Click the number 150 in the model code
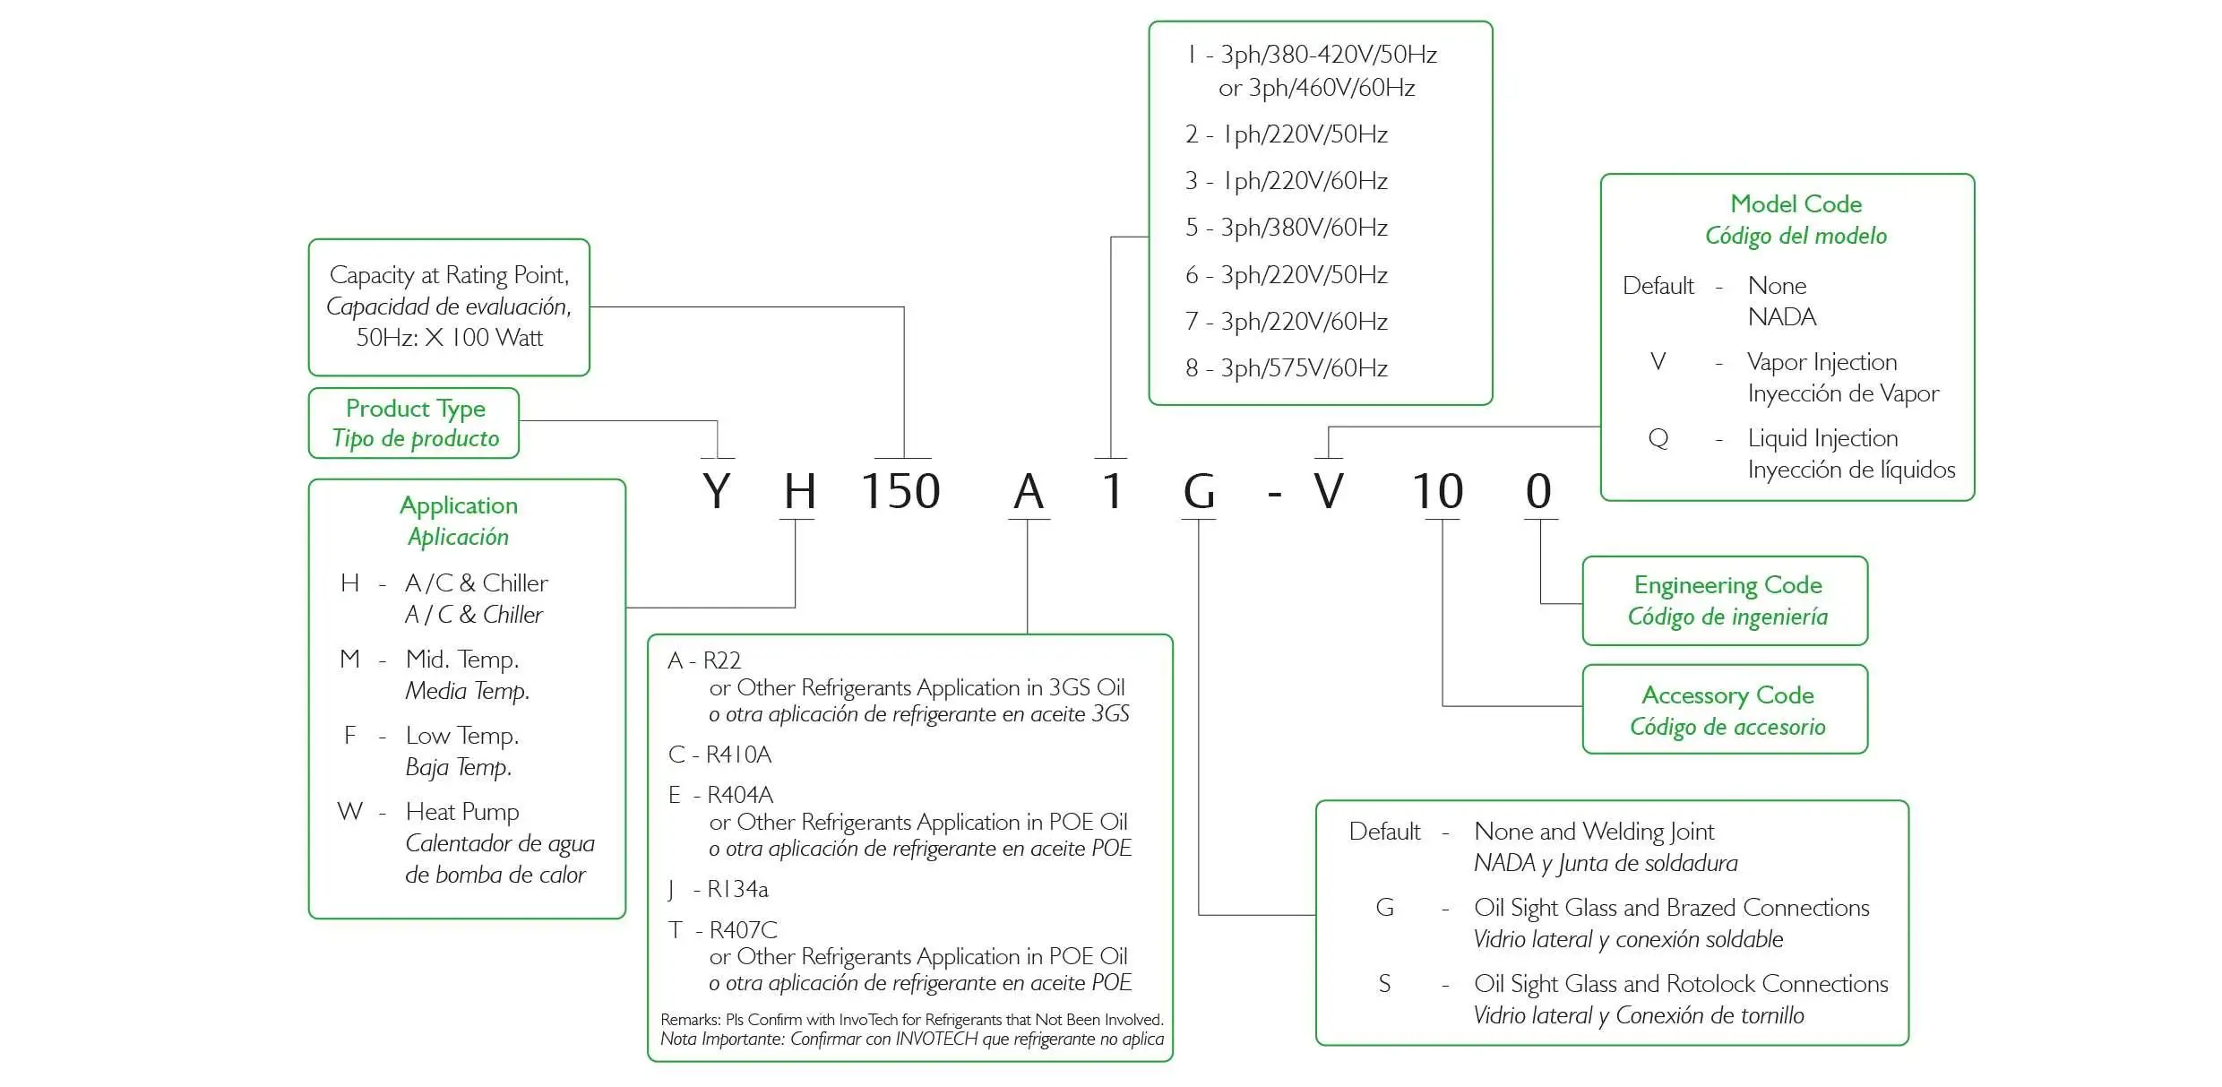(900, 491)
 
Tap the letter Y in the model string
(717, 491)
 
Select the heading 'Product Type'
(416, 409)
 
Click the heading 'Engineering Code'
(1727, 585)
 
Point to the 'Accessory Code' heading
(1727, 695)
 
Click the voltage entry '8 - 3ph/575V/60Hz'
(1287, 368)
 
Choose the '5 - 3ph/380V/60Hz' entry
(1287, 228)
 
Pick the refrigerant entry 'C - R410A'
(719, 755)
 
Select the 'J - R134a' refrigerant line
(718, 889)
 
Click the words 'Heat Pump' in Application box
(462, 812)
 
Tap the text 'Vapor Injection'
(1822, 362)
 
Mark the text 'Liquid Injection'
(1822, 438)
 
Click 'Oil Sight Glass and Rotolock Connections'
(1681, 984)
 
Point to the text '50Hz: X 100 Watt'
(450, 338)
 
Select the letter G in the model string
(1199, 491)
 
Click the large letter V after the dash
(1329, 491)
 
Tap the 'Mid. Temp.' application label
(462, 660)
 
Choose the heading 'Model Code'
(1796, 204)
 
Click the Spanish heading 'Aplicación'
(458, 537)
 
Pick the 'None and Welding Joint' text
(1594, 832)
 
